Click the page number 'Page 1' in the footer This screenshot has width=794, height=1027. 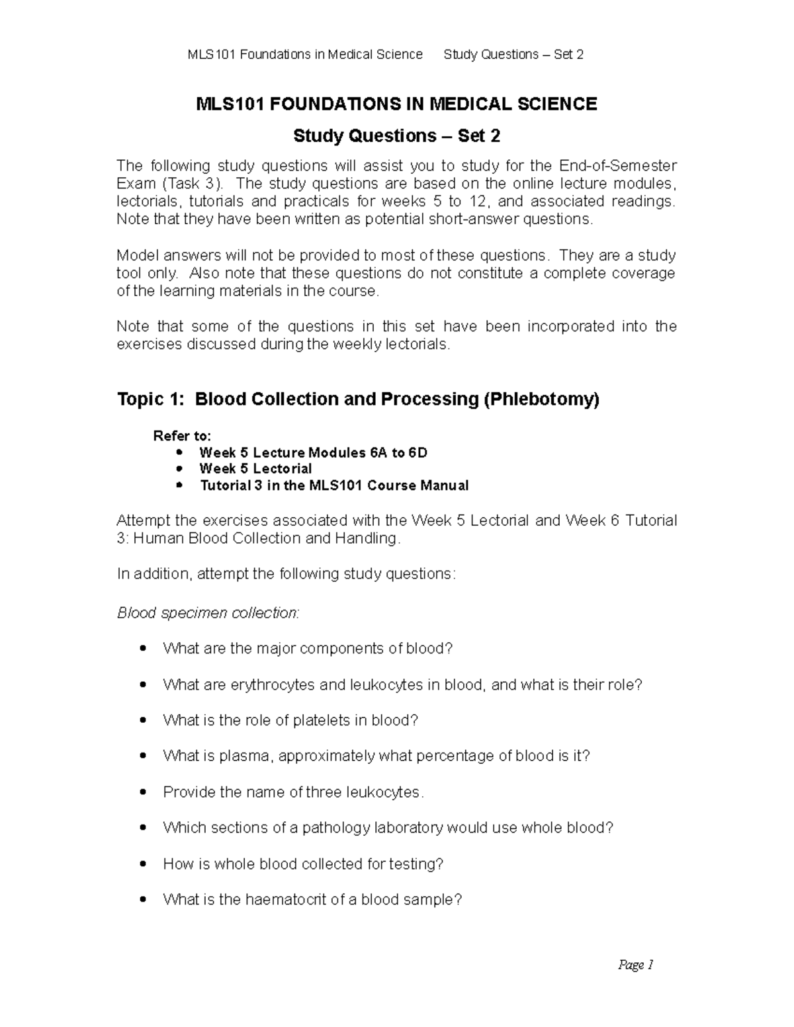pyautogui.click(x=635, y=965)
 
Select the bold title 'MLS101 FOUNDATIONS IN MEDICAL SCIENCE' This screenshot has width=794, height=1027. pyautogui.click(x=396, y=104)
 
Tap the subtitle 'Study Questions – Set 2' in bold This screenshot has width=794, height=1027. pyautogui.click(x=396, y=136)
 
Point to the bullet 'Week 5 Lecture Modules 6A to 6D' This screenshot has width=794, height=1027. pyautogui.click(x=313, y=453)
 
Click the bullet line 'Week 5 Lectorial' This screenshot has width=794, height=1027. pyautogui.click(x=255, y=469)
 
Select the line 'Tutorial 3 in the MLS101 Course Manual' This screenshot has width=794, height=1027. pyautogui.click(x=334, y=485)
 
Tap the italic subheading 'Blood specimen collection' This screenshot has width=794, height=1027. pyautogui.click(x=207, y=613)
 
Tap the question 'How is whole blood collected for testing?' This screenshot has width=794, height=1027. pyautogui.click(x=303, y=864)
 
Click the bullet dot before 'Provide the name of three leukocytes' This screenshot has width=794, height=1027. pyautogui.click(x=144, y=792)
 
